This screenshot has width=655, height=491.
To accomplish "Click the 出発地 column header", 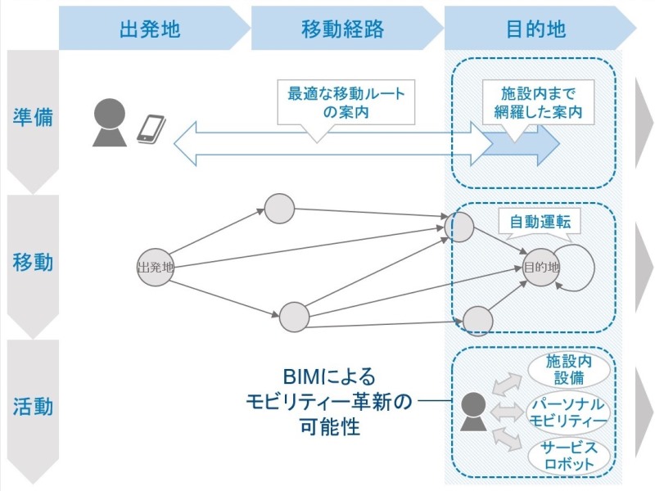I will pyautogui.click(x=150, y=30).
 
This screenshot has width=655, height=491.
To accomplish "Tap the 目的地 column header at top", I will pyautogui.click(x=536, y=30).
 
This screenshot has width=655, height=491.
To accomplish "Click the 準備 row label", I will pyautogui.click(x=33, y=117).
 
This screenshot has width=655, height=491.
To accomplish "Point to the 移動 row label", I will pyautogui.click(x=33, y=263).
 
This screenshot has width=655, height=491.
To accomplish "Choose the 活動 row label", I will pyautogui.click(x=33, y=406).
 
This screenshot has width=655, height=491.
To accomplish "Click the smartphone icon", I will pyautogui.click(x=151, y=128).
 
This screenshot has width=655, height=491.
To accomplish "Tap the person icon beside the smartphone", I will pyautogui.click(x=110, y=123).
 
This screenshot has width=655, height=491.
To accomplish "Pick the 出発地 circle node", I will pyautogui.click(x=155, y=267).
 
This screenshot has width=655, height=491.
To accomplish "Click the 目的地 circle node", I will pyautogui.click(x=541, y=267).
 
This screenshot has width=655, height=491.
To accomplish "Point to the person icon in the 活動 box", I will pyautogui.click(x=472, y=412).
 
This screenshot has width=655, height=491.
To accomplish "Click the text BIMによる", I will pyautogui.click(x=329, y=377).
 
